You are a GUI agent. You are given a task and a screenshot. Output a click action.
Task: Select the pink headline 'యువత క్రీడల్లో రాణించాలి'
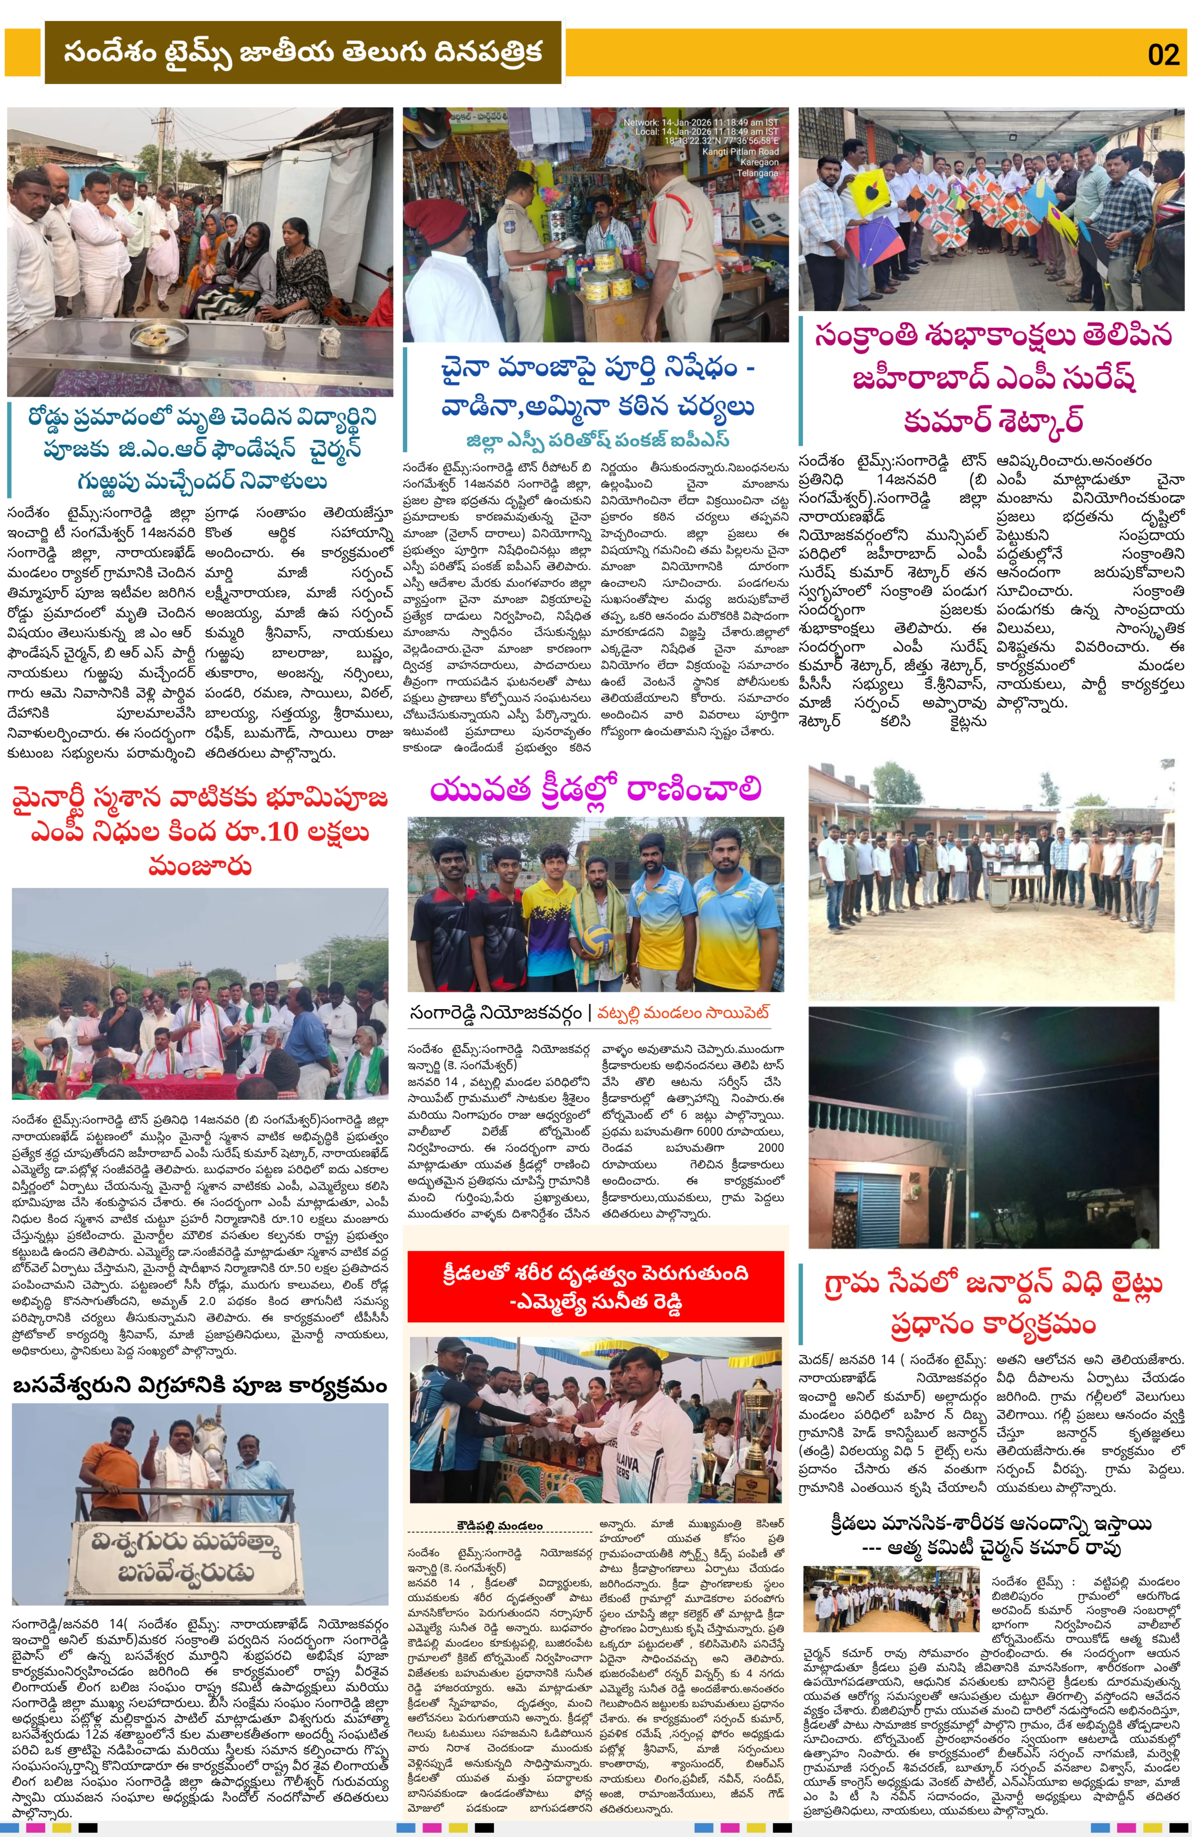(596, 790)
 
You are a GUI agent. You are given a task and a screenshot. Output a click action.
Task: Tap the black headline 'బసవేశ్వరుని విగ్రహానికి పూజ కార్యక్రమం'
(200, 1386)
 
